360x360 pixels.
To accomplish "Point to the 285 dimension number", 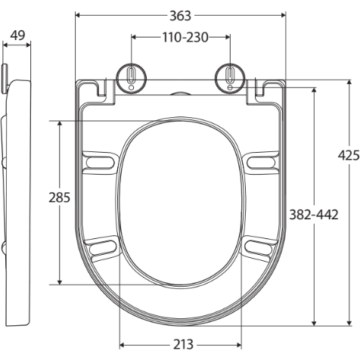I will point(59,199).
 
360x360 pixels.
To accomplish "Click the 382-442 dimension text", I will point(313,214).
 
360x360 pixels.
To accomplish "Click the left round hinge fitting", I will point(132,76).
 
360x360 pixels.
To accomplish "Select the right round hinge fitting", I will point(230,76).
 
